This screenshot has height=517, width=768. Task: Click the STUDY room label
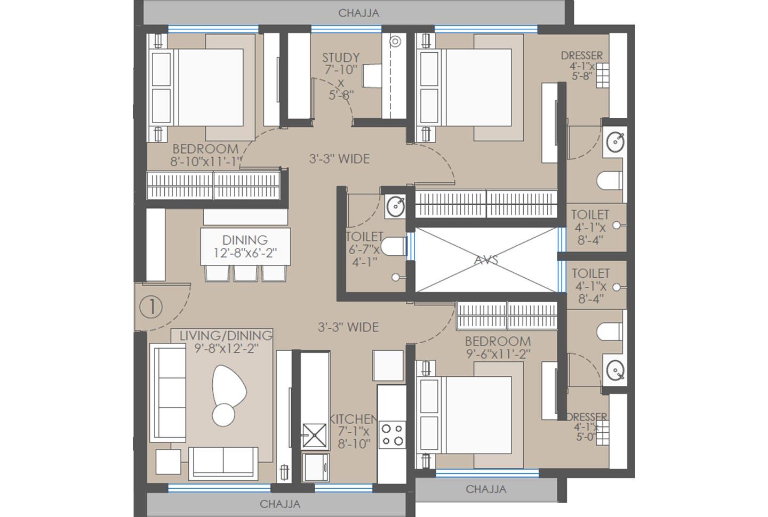[x=341, y=58]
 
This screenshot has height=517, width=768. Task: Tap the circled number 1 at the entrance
[x=151, y=308]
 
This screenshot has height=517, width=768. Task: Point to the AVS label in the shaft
[x=486, y=260]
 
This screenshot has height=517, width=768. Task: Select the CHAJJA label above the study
[x=358, y=13]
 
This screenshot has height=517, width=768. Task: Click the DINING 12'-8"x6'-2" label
[x=245, y=246]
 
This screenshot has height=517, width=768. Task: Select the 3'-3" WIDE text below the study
[x=339, y=159]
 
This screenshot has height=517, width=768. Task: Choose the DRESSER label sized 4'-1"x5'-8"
[x=581, y=55]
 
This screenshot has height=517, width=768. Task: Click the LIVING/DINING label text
[x=226, y=336]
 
